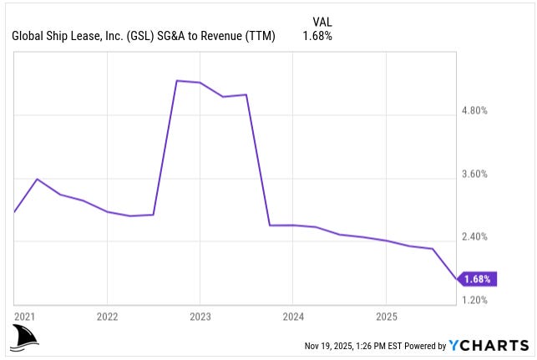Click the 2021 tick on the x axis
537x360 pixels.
[x=24, y=317]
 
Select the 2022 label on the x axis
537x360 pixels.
[x=107, y=317]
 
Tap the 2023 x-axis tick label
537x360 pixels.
[x=200, y=317]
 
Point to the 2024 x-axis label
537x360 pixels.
[x=292, y=317]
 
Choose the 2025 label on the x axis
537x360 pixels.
[x=385, y=317]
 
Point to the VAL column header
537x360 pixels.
[x=322, y=21]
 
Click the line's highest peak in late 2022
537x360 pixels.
[x=177, y=81]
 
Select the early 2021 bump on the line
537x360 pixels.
[x=38, y=179]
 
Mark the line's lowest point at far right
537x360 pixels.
[x=456, y=279]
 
